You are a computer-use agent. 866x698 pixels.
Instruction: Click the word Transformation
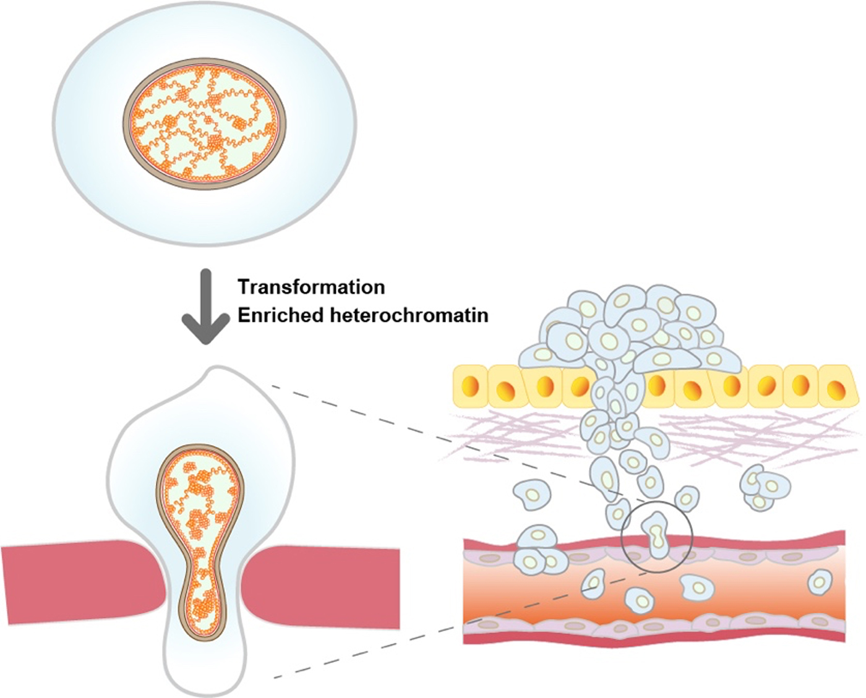pyautogui.click(x=311, y=287)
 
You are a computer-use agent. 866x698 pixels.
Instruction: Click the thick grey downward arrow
pyautogui.click(x=206, y=306)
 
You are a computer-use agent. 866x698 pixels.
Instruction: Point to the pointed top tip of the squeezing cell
pyautogui.click(x=213, y=373)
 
